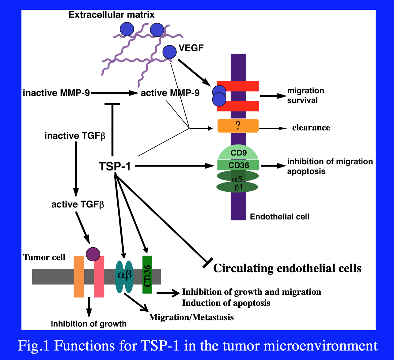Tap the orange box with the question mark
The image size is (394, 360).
tap(238, 126)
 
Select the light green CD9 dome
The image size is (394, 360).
tap(238, 152)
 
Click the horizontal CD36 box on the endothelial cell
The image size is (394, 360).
tap(238, 165)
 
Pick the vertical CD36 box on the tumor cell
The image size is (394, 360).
tap(147, 275)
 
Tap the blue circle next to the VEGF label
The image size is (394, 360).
tap(169, 52)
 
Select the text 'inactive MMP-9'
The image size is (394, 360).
tap(56, 92)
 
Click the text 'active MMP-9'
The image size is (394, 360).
tap(170, 92)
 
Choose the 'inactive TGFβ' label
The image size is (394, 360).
tap(75, 135)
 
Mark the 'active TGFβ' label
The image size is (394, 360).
tap(78, 204)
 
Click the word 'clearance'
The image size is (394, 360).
tap(311, 128)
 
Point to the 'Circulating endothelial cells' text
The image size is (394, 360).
tap(287, 268)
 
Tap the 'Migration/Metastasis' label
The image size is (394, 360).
tap(191, 317)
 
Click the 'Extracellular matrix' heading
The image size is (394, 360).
tap(112, 14)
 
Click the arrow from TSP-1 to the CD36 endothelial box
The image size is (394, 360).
tap(175, 166)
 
